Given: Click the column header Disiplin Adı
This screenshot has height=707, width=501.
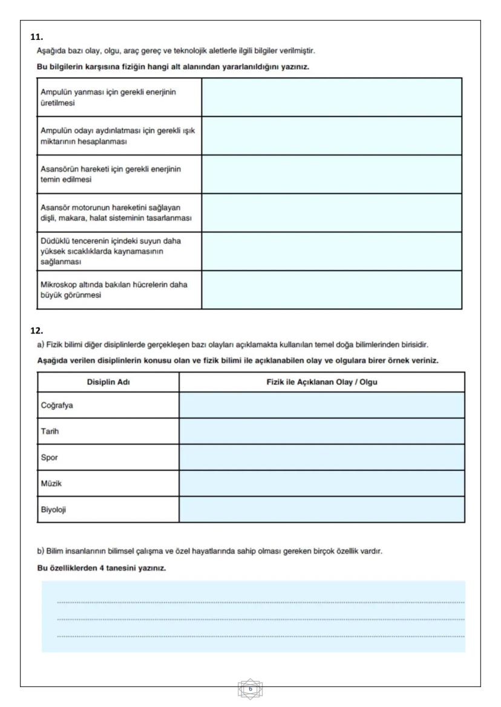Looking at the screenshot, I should pyautogui.click(x=108, y=381).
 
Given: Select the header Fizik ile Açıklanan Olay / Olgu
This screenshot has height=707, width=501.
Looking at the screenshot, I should pyautogui.click(x=321, y=381).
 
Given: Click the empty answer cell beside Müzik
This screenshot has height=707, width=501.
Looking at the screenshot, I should pyautogui.click(x=321, y=483).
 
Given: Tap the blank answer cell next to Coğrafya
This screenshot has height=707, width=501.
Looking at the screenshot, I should pyautogui.click(x=321, y=405).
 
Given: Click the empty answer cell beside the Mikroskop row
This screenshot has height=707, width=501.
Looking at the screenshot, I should pyautogui.click(x=331, y=290).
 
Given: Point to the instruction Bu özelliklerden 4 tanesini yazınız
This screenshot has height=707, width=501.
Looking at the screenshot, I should pyautogui.click(x=101, y=569).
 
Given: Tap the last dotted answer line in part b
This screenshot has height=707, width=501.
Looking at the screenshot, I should pyautogui.click(x=260, y=636).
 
